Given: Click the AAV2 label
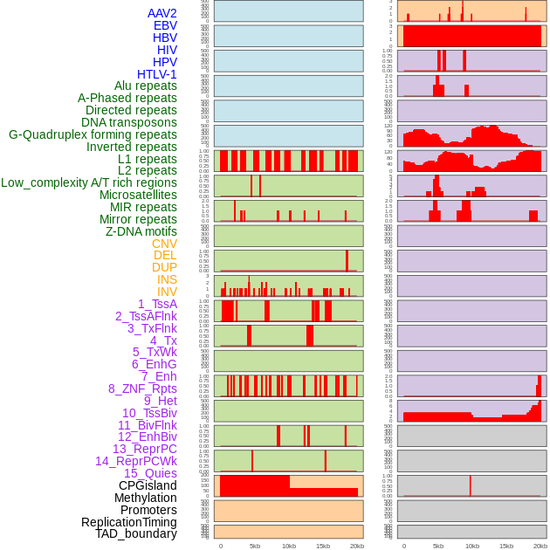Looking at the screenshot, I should (x=162, y=13).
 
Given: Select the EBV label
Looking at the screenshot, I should (x=165, y=25).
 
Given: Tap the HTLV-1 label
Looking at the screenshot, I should (x=157, y=74).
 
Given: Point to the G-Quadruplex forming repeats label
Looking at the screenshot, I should (x=93, y=134).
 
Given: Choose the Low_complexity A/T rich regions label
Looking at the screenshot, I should (x=89, y=182).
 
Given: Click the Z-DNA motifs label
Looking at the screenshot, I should (x=141, y=231).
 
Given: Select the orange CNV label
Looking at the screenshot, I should (x=164, y=244).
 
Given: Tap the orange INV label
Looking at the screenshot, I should (x=167, y=292).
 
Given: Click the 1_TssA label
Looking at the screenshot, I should (x=157, y=304).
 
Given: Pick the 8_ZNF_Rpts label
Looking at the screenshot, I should (x=142, y=388).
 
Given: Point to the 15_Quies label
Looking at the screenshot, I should (x=150, y=473).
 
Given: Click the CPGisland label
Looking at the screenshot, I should (x=148, y=485).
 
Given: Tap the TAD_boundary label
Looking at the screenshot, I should (x=136, y=533).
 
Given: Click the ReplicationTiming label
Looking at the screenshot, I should (x=129, y=522).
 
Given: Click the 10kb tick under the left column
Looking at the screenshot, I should (x=289, y=546).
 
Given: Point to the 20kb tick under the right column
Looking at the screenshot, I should (x=540, y=546).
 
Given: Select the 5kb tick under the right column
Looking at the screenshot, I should (x=438, y=546).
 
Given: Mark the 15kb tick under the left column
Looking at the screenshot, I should (x=323, y=546).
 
